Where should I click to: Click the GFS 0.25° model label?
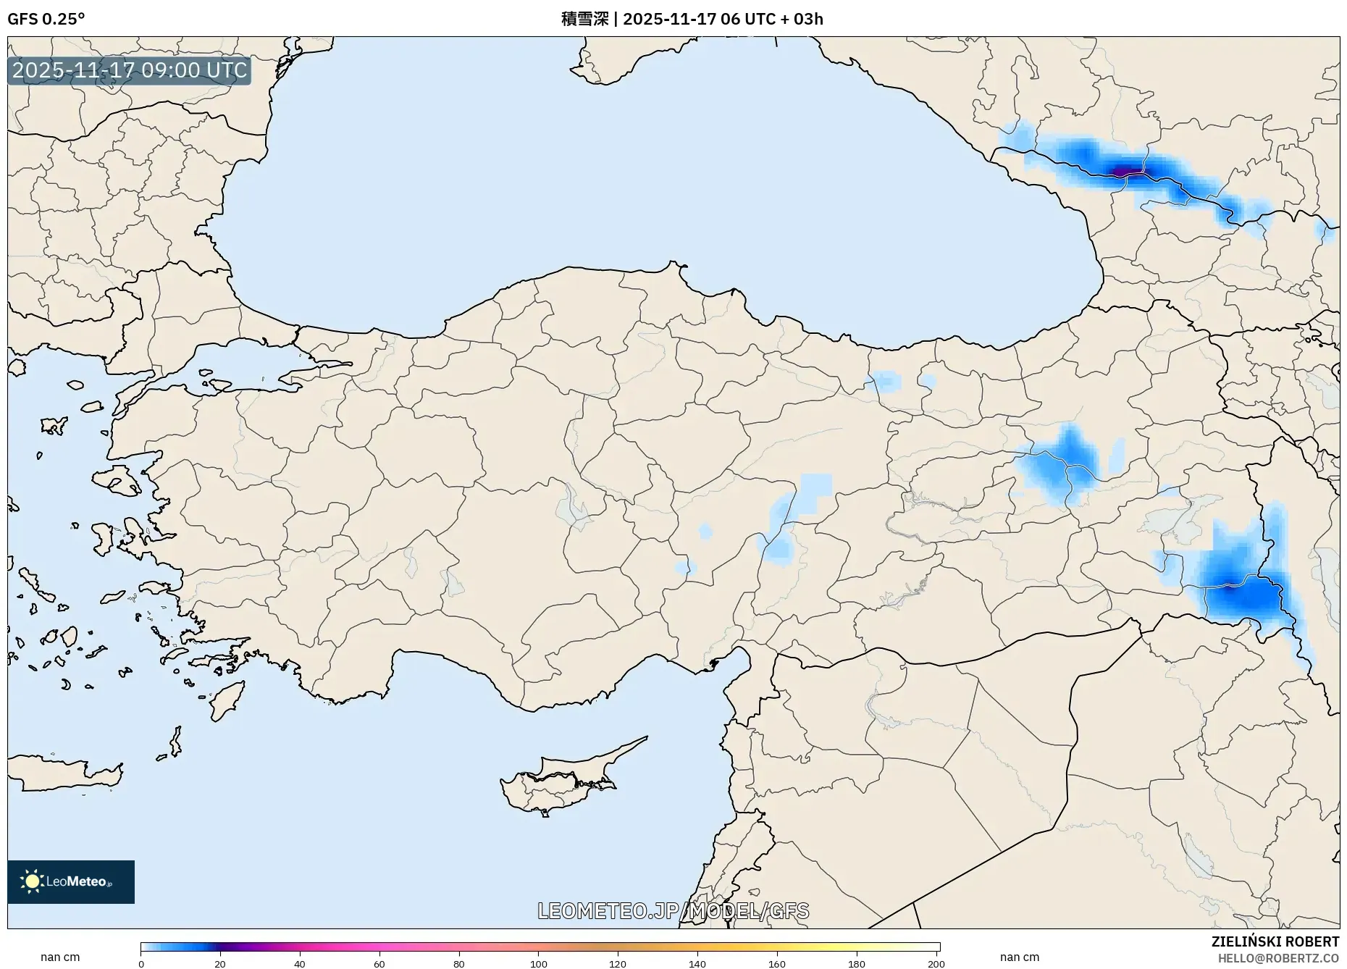coord(46,19)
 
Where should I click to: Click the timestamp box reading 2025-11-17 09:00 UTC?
coord(130,70)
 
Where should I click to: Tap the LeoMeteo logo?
coord(71,881)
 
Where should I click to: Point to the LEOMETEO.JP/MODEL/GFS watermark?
coord(673,910)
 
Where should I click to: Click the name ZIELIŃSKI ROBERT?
coord(1275,941)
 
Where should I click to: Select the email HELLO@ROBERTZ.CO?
coord(1278,958)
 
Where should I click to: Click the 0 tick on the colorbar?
coord(141,963)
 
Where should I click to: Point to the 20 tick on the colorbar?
coord(220,963)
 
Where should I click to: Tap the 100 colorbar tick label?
coord(538,963)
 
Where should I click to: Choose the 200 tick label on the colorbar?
coord(936,963)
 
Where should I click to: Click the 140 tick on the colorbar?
coord(697,963)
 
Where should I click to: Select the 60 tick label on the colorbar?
coord(379,963)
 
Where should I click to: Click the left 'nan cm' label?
coord(60,957)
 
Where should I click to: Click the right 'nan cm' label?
coord(1019,957)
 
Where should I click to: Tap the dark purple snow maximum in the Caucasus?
coord(1122,172)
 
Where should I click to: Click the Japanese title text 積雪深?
coord(584,19)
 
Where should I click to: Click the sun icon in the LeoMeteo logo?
coord(32,881)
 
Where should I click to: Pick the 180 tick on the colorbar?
coord(856,963)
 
